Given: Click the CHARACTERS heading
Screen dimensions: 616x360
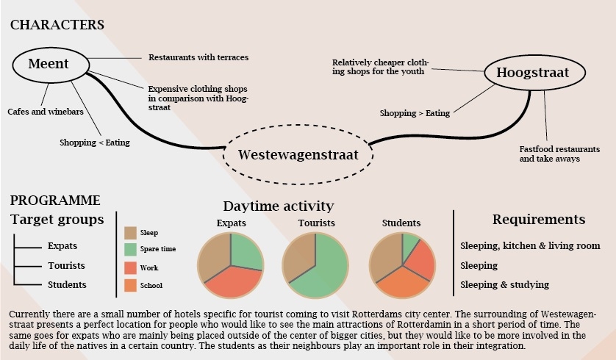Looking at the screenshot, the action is point(57,25).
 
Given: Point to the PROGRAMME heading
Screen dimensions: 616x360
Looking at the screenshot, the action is point(55,201).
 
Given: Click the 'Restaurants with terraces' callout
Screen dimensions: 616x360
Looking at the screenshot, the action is point(198,57).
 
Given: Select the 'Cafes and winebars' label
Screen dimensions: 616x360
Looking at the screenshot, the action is point(46,112).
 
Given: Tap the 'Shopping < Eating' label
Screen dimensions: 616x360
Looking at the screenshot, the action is point(95,143).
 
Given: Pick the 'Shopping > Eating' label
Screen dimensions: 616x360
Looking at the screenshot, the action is point(415,113).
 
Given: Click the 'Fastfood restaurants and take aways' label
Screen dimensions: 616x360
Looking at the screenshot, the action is point(559,154).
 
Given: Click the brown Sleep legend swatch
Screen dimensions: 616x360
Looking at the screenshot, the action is point(130,233).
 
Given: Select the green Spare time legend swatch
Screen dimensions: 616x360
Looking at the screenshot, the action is point(130,249).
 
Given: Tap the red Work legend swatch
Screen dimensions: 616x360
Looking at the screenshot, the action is point(130,267).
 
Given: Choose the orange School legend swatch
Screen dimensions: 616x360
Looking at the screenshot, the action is point(130,285).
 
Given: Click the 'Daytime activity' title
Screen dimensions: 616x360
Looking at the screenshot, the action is point(279,206).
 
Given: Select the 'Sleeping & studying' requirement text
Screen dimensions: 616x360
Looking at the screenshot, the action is point(505,284).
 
